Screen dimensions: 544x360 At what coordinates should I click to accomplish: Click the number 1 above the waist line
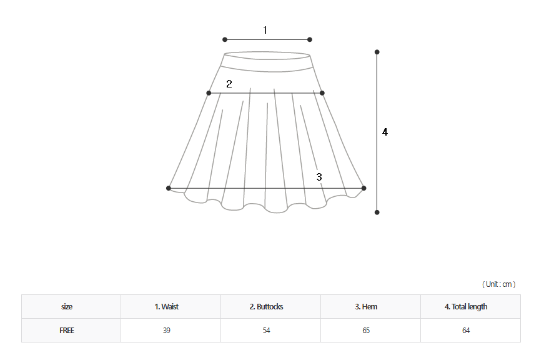[x=265, y=30]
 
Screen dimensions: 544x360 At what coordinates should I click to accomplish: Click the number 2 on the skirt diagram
[x=229, y=84]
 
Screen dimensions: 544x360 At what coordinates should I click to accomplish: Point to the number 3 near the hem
[x=319, y=177]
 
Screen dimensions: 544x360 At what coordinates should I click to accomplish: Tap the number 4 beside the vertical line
[x=385, y=132]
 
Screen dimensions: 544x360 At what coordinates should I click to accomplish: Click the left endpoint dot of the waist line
[x=225, y=39]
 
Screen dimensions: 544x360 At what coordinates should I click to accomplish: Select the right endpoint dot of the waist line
[x=310, y=39]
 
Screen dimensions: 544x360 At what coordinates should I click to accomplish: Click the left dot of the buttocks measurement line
[x=209, y=93]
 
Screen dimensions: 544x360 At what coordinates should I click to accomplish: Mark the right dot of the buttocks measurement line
[x=322, y=93]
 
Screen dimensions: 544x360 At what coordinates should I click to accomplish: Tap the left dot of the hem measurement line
[x=169, y=188]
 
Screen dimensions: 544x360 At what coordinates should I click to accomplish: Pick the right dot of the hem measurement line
[x=364, y=188]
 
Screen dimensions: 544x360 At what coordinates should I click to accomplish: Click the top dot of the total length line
[x=377, y=52]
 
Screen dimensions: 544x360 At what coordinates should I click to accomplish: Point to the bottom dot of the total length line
[x=377, y=212]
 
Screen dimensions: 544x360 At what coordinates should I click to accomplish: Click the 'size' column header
[x=67, y=306]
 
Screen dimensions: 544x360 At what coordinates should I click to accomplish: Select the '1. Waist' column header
[x=167, y=306]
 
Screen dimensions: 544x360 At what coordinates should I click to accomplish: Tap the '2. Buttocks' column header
[x=267, y=306]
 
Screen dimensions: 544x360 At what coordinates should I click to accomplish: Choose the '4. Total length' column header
[x=466, y=306]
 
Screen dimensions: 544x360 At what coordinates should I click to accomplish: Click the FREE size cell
[x=67, y=331]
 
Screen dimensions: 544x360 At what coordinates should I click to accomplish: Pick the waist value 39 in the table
[x=167, y=331]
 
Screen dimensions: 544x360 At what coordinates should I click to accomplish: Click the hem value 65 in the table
[x=366, y=331]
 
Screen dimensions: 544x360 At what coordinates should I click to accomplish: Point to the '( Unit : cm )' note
[x=499, y=284]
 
